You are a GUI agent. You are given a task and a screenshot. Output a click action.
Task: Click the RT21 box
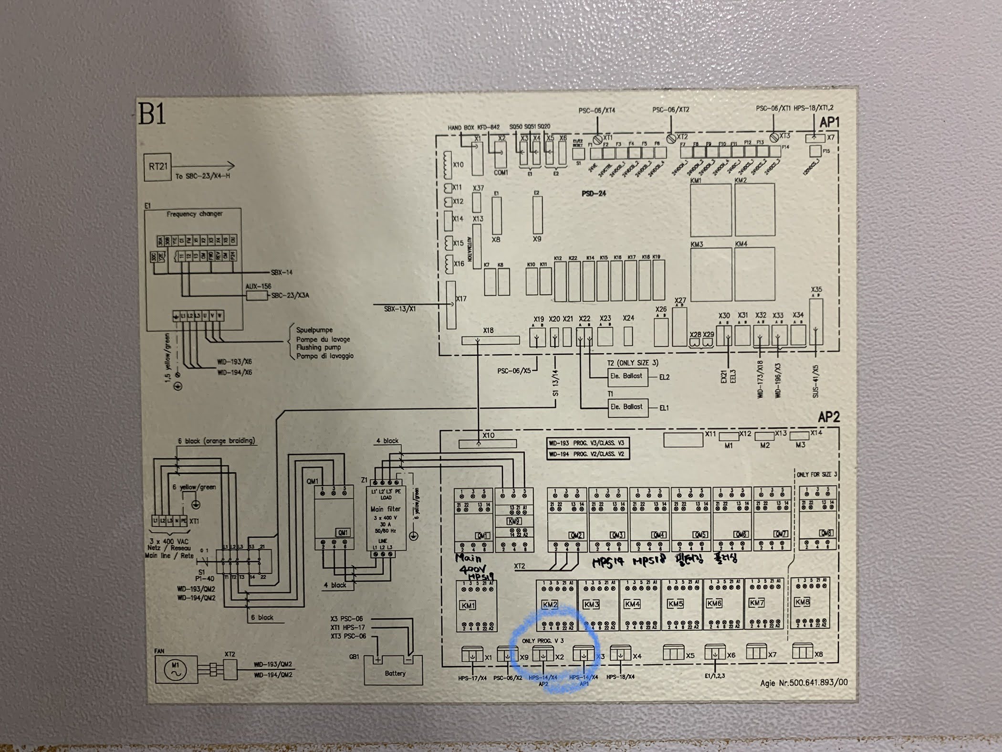pyautogui.click(x=158, y=167)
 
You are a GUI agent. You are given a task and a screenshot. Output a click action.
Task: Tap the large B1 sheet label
pyautogui.click(x=152, y=113)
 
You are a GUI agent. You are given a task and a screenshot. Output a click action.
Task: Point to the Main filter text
pyautogui.click(x=386, y=509)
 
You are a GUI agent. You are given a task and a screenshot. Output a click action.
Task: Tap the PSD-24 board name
pyautogui.click(x=594, y=193)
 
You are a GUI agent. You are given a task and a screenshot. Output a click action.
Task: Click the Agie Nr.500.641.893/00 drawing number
pyautogui.click(x=804, y=683)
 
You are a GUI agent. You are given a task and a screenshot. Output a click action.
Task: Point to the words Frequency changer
pyautogui.click(x=194, y=214)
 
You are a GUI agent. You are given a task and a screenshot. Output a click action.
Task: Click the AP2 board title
pyautogui.click(x=828, y=417)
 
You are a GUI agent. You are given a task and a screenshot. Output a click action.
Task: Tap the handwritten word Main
pyautogui.click(x=468, y=558)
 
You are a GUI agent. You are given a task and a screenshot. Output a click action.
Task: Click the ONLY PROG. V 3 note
pyautogui.click(x=543, y=640)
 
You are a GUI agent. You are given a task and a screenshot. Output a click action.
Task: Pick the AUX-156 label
pyautogui.click(x=258, y=286)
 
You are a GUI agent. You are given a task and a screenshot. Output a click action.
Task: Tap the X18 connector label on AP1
pyautogui.click(x=488, y=330)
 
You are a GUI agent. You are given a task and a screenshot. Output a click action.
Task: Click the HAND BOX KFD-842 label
pyautogui.click(x=473, y=127)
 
